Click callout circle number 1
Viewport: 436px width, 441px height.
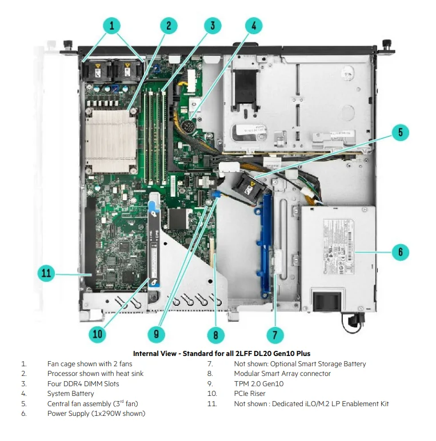click(x=112, y=25)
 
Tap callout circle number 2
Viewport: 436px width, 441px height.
click(x=168, y=25)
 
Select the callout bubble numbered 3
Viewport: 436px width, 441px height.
click(x=212, y=25)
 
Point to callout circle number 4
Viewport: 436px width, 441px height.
click(x=254, y=25)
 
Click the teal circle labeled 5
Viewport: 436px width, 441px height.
click(x=400, y=133)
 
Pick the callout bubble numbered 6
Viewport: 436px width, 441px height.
click(x=400, y=251)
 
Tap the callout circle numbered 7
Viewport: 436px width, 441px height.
click(x=275, y=334)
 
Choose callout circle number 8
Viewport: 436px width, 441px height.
click(x=215, y=334)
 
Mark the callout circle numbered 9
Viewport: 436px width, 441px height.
click(x=155, y=334)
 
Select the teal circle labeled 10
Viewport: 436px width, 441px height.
click(x=98, y=334)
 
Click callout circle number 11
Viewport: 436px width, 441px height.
click(x=46, y=273)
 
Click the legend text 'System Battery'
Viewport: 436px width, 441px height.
click(x=71, y=393)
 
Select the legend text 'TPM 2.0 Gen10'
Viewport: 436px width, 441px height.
click(x=259, y=383)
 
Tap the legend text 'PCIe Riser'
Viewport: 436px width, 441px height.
click(x=250, y=393)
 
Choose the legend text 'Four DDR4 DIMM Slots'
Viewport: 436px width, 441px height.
click(x=83, y=383)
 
